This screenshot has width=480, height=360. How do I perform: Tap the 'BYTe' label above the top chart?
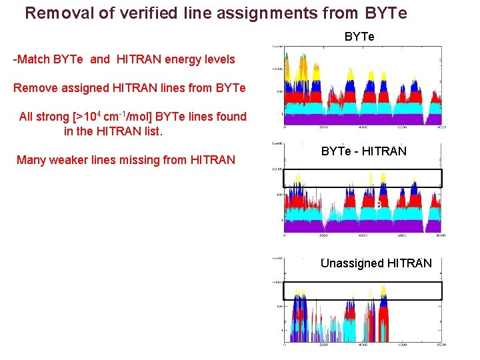click(x=359, y=37)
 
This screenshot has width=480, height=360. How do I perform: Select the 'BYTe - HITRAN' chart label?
click(x=363, y=151)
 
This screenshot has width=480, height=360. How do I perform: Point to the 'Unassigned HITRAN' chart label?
click(x=376, y=263)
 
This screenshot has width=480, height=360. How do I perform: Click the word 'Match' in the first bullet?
click(x=37, y=59)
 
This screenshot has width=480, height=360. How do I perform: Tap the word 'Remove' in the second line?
click(x=35, y=88)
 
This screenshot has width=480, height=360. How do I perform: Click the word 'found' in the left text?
click(x=231, y=117)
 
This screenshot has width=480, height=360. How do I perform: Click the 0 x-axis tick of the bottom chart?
click(x=285, y=345)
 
